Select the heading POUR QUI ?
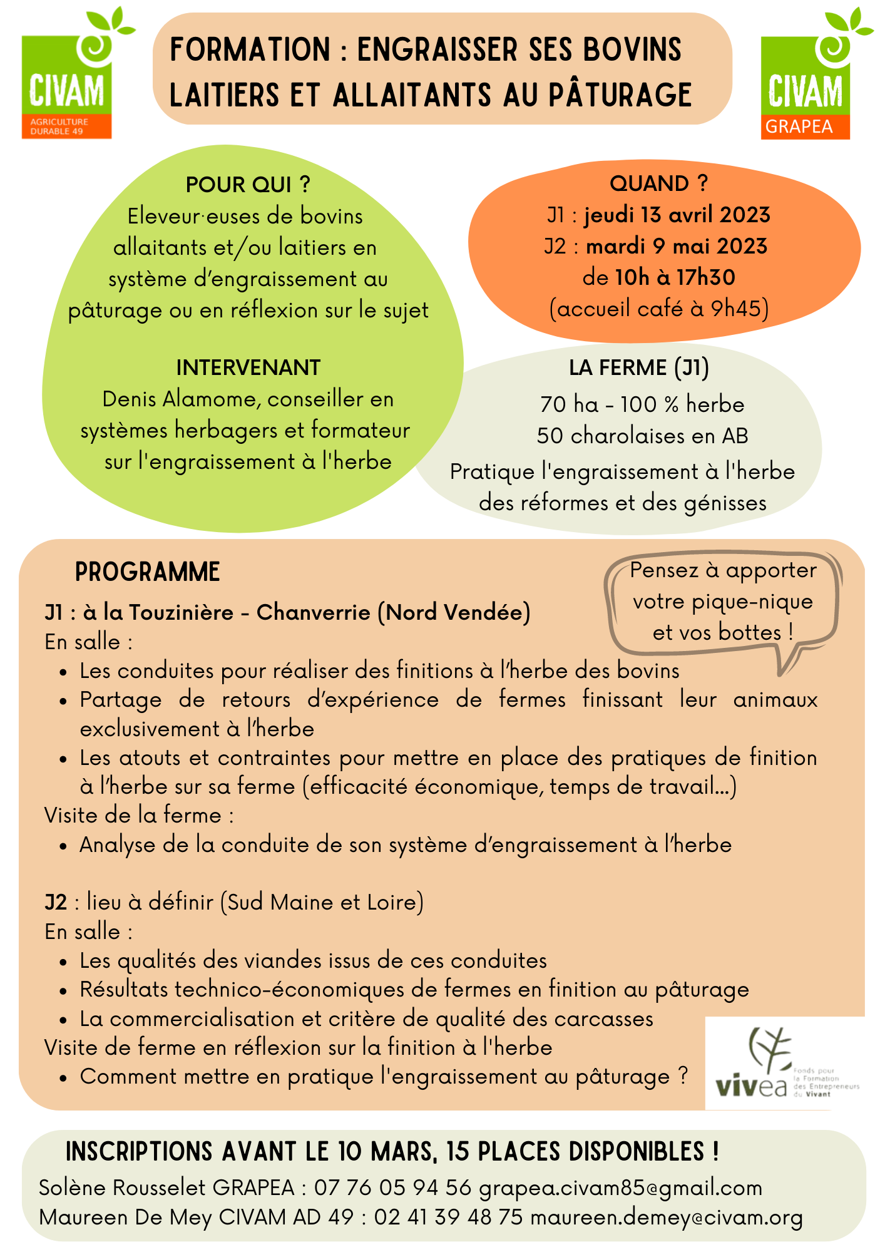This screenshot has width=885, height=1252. (248, 185)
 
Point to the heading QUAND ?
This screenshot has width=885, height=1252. (658, 184)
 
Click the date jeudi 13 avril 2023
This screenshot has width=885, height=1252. (677, 215)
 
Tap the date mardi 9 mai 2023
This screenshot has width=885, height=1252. (677, 247)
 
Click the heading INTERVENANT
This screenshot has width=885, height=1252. (248, 368)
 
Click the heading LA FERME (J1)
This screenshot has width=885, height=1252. (638, 368)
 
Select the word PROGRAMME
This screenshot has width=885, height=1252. (148, 572)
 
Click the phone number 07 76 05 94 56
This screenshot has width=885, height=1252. (392, 1188)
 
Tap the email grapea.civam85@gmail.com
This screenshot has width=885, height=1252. (620, 1188)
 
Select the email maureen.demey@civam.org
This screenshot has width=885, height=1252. (667, 1218)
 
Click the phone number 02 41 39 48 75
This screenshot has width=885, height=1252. (448, 1218)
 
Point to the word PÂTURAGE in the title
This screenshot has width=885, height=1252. (620, 95)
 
